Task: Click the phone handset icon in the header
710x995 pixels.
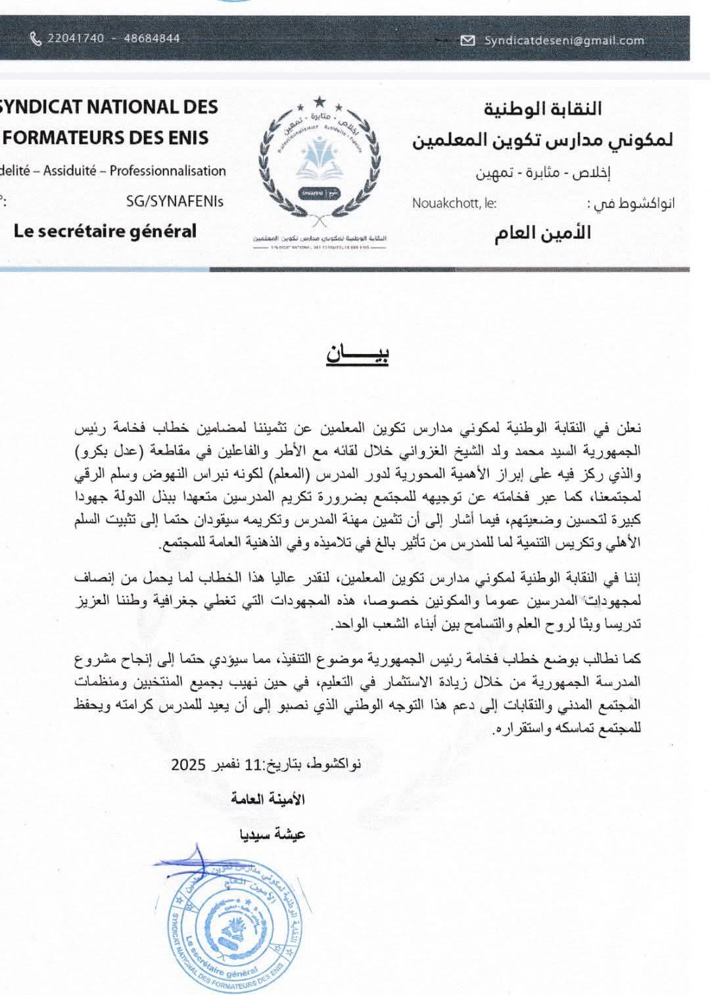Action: (35, 39)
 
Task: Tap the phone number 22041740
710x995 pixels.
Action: (76, 39)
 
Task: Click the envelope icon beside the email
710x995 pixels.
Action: (468, 41)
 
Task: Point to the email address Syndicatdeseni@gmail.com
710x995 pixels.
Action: (564, 41)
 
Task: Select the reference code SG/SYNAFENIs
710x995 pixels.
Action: (175, 201)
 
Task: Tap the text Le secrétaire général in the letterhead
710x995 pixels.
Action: (105, 231)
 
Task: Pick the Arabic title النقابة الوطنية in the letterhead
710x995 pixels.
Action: (543, 109)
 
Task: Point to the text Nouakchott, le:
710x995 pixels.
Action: (454, 203)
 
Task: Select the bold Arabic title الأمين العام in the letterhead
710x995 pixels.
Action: (543, 233)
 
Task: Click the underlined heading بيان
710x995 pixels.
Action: (358, 354)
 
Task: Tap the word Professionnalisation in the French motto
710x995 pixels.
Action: (168, 171)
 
